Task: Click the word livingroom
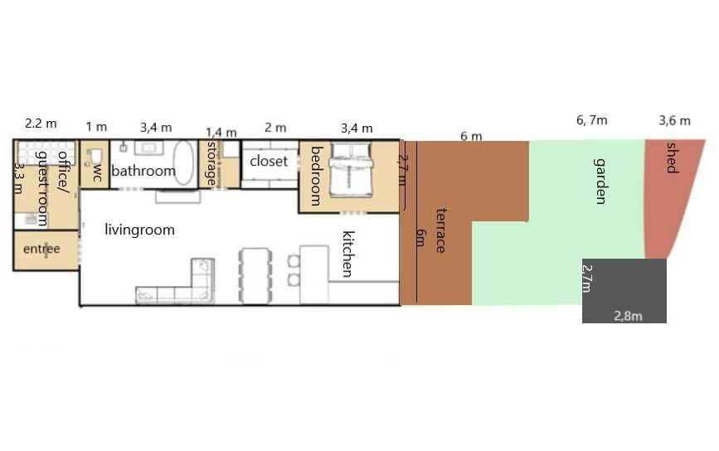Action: [x=139, y=230]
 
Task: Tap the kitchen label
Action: [x=348, y=254]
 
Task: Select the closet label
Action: [x=269, y=162]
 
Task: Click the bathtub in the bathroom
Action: [x=184, y=163]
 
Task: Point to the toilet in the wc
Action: [x=95, y=157]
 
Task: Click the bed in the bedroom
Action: [x=350, y=170]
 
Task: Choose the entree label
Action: [x=41, y=249]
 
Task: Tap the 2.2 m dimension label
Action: [x=41, y=124]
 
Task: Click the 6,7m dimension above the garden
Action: [x=591, y=120]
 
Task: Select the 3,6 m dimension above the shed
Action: [x=674, y=121]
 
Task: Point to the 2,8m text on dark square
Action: [x=629, y=316]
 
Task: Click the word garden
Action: [x=600, y=181]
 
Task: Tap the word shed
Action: [x=672, y=158]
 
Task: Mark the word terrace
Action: [x=441, y=230]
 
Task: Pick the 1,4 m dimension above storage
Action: [x=221, y=133]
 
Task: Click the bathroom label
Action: [x=143, y=171]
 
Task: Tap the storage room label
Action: [x=211, y=163]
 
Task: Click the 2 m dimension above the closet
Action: [x=275, y=128]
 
